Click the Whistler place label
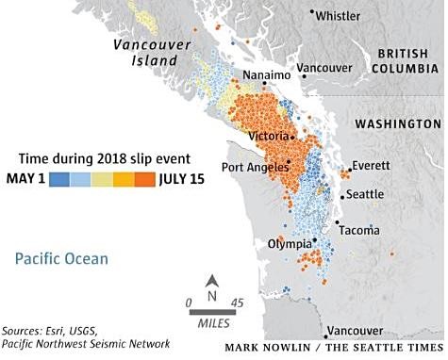coord(339,16)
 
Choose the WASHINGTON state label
coord(396,124)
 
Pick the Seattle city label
coord(365,194)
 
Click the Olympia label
coord(290,243)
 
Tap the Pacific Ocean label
coord(61,258)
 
